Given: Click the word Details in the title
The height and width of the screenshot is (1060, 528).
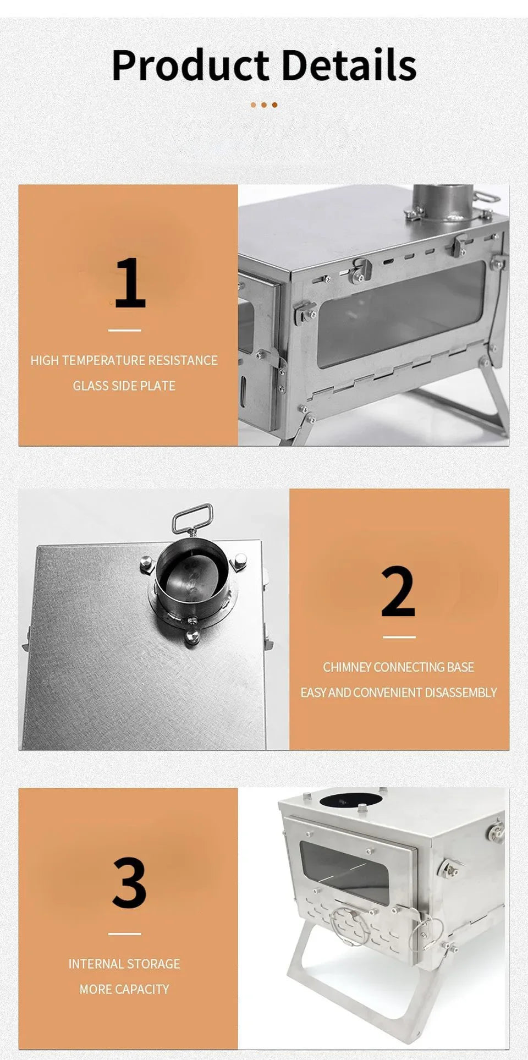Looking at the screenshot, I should tap(349, 65).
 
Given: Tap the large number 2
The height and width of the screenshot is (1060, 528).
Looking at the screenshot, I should tap(398, 592).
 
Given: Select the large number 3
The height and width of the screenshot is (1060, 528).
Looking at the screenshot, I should tap(129, 883).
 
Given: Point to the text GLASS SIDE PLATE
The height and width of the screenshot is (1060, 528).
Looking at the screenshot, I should tap(124, 386).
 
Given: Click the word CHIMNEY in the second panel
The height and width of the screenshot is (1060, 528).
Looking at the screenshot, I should tap(346, 667).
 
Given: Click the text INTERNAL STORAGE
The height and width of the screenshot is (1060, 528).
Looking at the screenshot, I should tap(124, 964).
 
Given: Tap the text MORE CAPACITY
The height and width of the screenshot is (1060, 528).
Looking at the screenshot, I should tap(124, 989).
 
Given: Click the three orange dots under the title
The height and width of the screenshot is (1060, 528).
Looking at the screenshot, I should tap(264, 105).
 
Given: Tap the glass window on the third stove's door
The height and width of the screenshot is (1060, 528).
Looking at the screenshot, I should tap(344, 872).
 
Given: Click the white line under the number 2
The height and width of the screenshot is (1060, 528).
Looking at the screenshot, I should tap(399, 637).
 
